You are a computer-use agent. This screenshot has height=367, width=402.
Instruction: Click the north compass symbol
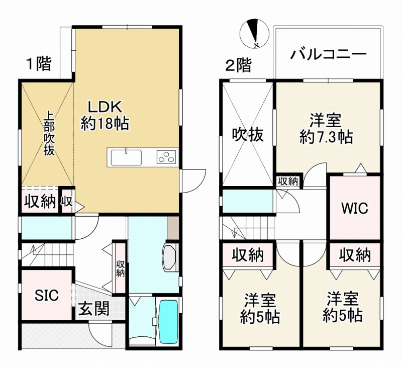click(255, 34)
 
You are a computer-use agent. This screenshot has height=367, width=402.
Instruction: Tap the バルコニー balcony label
click(329, 54)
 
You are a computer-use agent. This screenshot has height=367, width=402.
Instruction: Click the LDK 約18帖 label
click(105, 116)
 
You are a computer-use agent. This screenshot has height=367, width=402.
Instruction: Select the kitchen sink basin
click(126, 157)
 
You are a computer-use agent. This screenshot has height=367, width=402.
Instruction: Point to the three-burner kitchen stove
click(166, 157)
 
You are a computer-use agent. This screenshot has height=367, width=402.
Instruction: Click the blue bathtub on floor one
click(168, 321)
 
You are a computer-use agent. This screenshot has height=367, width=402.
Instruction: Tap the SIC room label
click(47, 295)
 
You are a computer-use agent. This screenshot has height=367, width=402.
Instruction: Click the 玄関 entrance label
click(94, 308)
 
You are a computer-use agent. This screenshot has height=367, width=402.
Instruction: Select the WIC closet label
click(355, 208)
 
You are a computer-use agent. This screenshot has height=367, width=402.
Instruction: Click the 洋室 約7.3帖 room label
click(326, 129)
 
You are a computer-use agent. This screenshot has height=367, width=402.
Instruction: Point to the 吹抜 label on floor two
click(248, 135)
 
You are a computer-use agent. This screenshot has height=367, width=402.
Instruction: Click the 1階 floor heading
click(39, 64)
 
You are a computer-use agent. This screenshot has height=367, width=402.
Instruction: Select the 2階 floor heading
click(238, 65)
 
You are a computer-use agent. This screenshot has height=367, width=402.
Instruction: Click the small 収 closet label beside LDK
click(67, 202)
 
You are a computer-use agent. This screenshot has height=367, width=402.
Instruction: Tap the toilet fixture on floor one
click(169, 257)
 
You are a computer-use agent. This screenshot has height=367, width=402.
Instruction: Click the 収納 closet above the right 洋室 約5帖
click(355, 255)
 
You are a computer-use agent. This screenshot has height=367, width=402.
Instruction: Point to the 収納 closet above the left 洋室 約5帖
click(248, 255)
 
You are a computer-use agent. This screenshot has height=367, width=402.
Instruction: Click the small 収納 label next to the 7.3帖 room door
click(288, 181)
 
